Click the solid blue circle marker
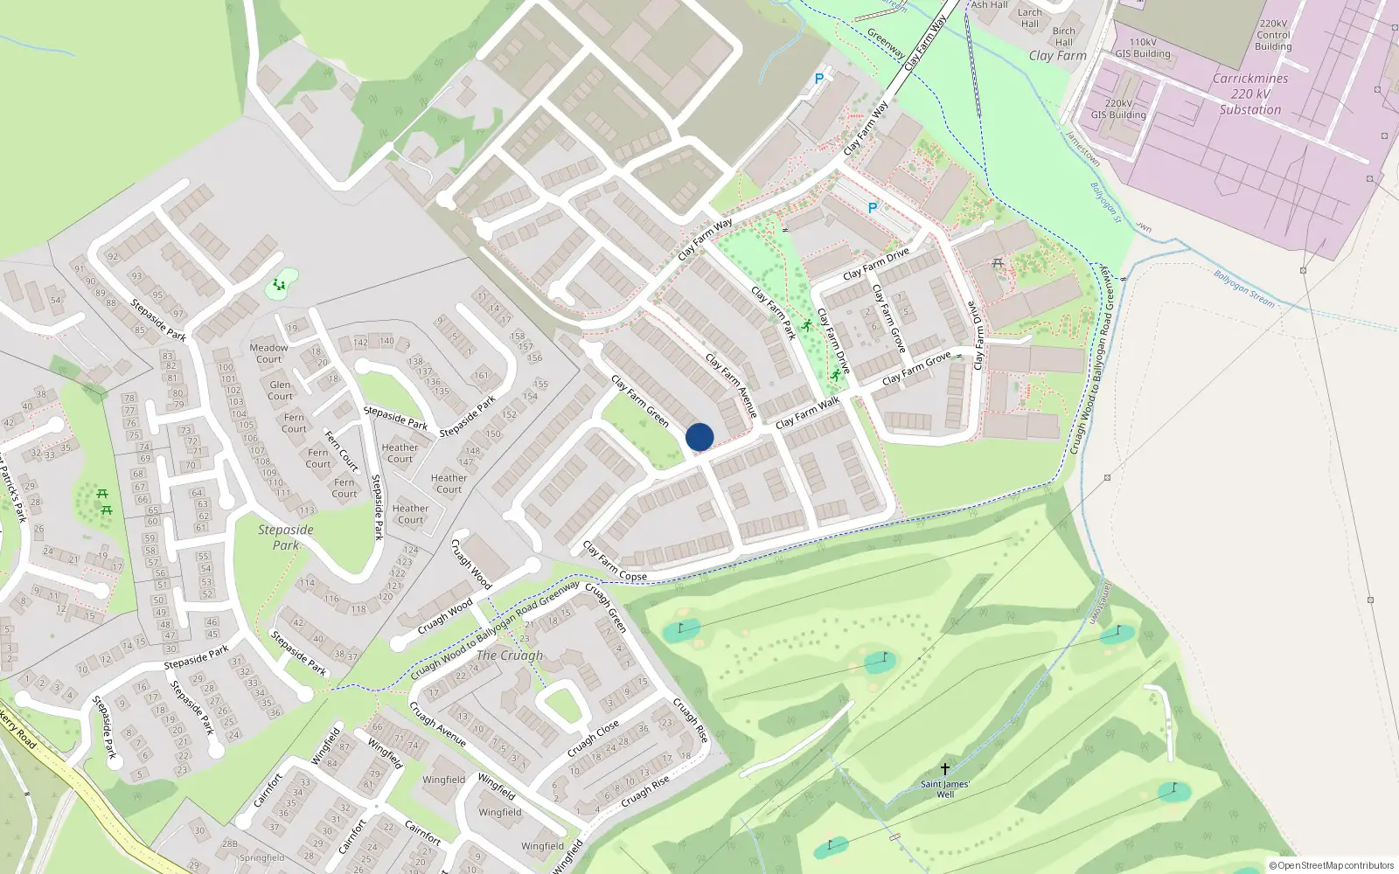(x=699, y=437)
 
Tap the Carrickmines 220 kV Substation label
(x=1250, y=94)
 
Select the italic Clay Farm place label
(x=1057, y=56)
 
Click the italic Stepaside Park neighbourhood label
(x=285, y=538)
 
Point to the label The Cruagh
(x=510, y=655)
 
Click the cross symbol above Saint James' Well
(x=944, y=769)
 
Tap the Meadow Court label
(x=268, y=353)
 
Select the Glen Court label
(x=280, y=391)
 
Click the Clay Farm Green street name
(x=640, y=402)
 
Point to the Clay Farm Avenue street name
(x=731, y=385)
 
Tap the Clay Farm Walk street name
(x=807, y=412)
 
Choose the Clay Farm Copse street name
(x=614, y=562)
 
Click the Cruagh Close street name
(x=593, y=739)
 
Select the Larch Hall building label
(x=1030, y=18)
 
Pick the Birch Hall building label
(x=1064, y=37)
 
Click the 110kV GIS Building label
(x=1143, y=48)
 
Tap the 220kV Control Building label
(x=1273, y=36)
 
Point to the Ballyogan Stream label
(x=1243, y=288)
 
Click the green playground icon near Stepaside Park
(x=279, y=285)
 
